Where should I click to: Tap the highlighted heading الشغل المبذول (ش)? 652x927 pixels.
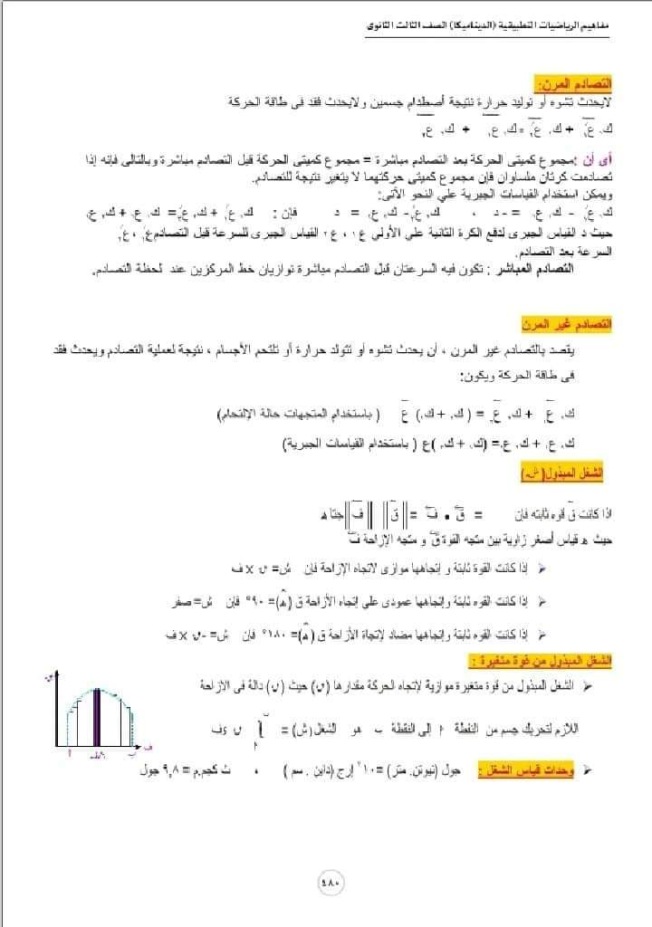point(573,473)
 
